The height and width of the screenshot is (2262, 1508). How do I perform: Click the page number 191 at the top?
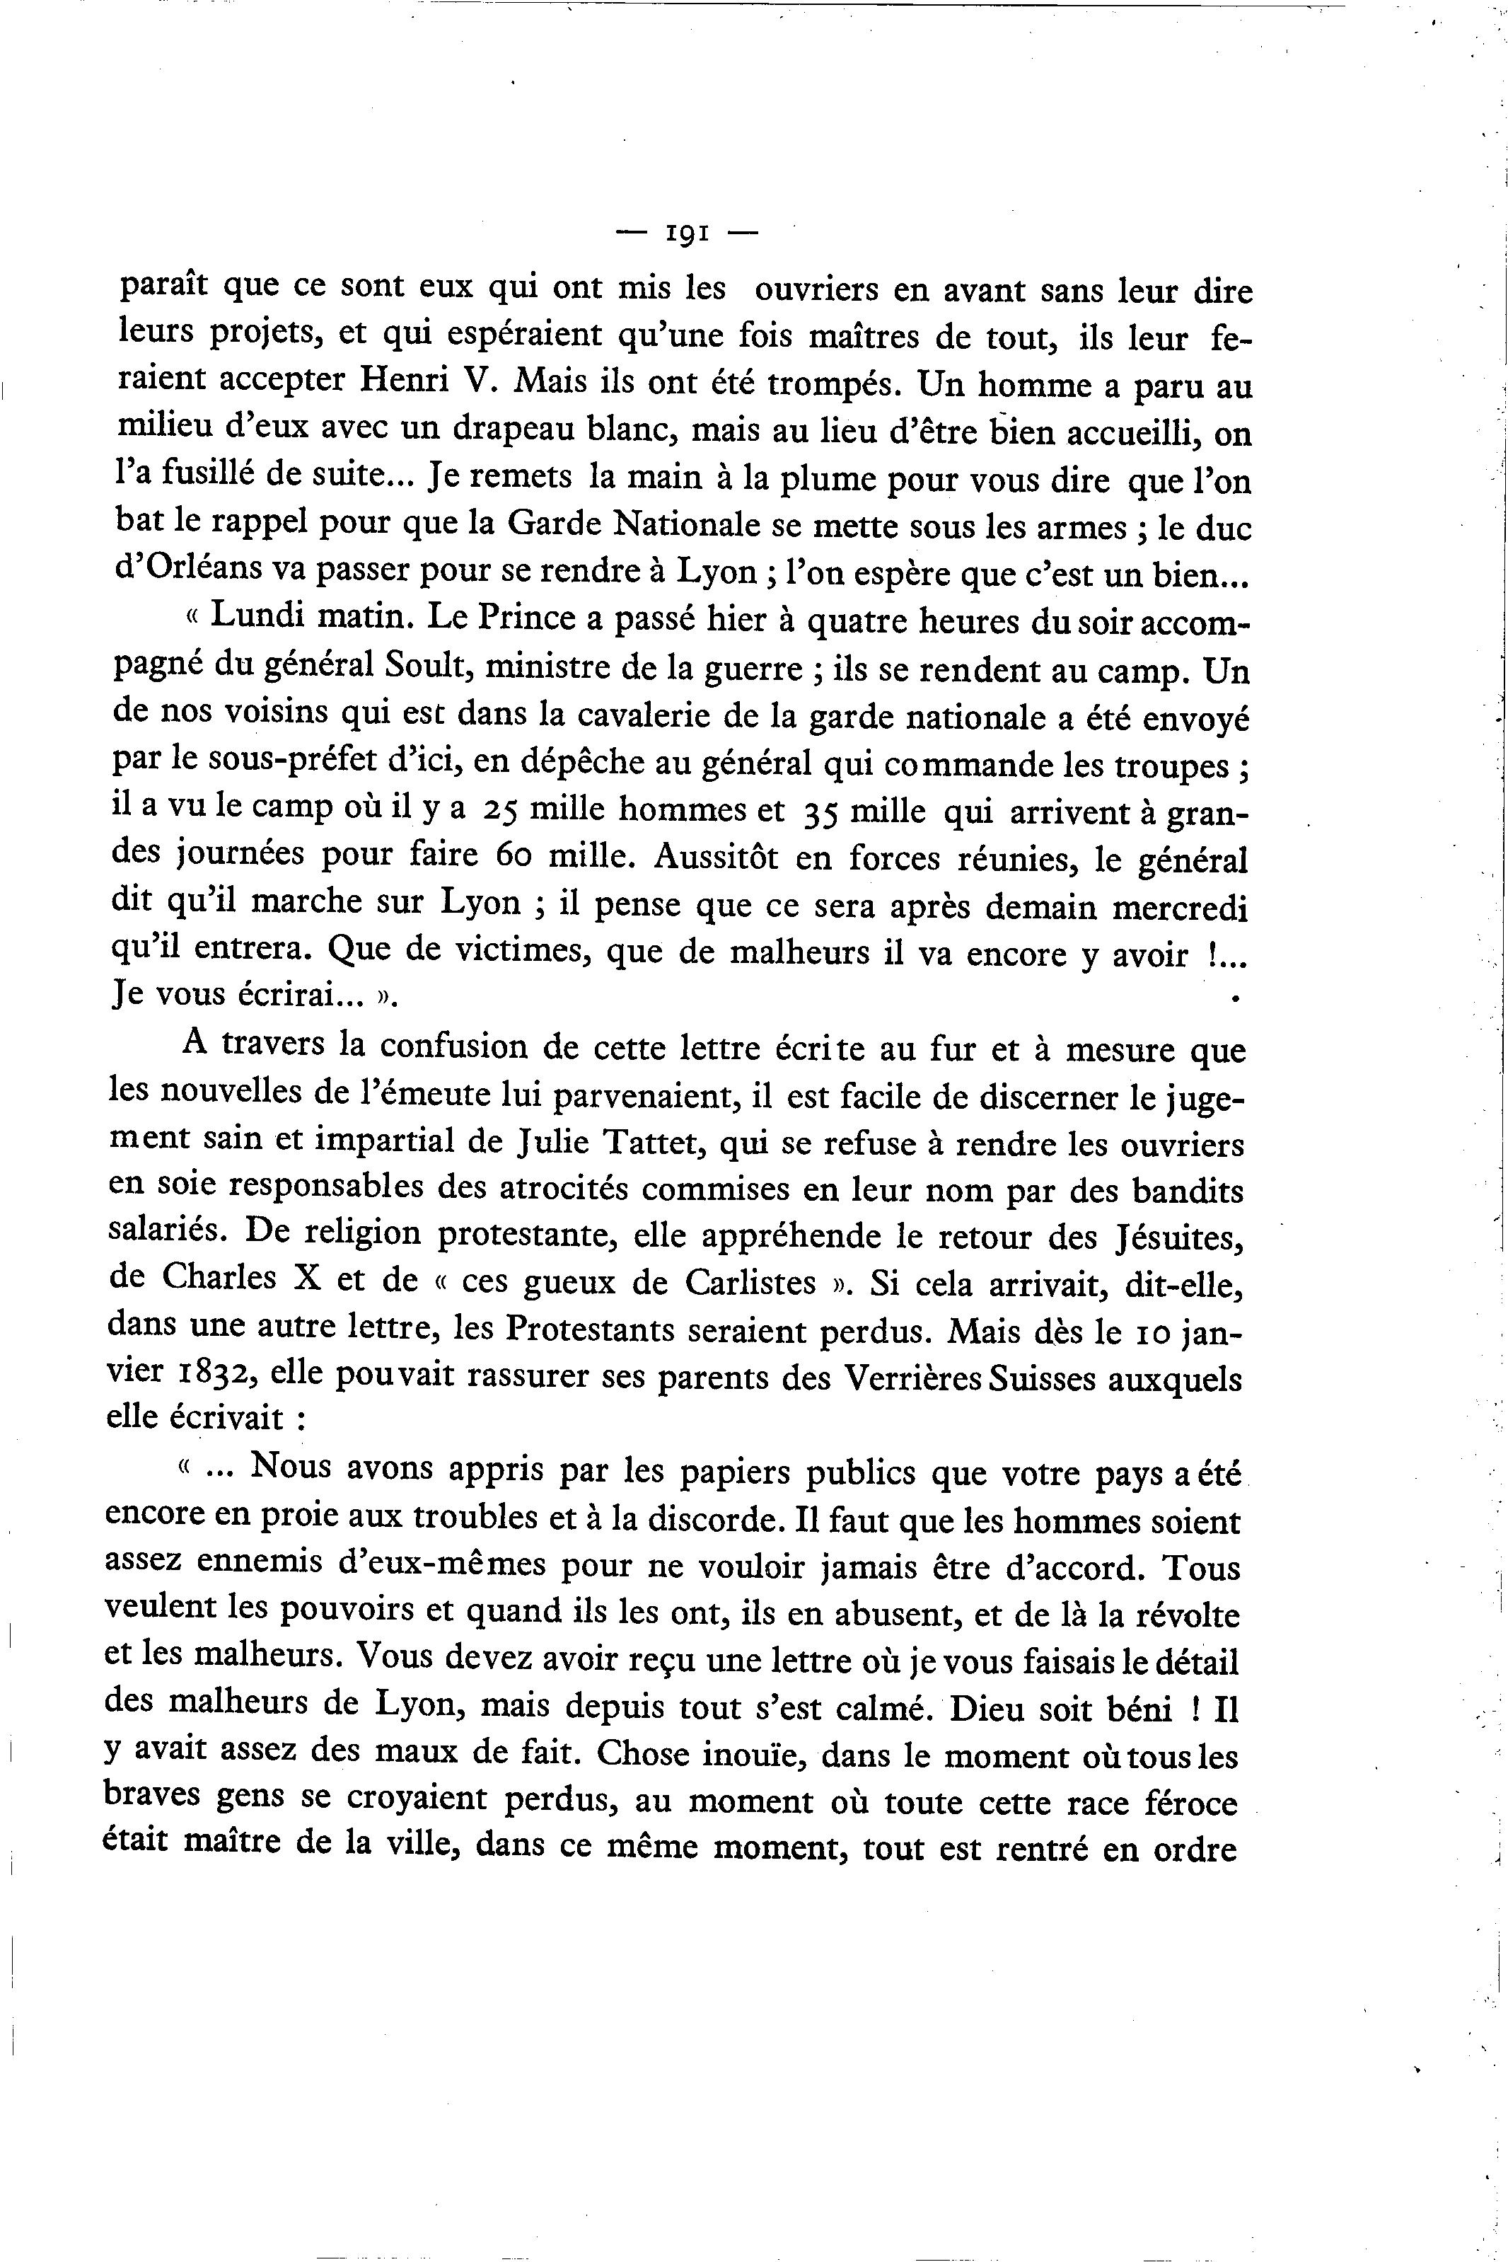(x=687, y=233)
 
